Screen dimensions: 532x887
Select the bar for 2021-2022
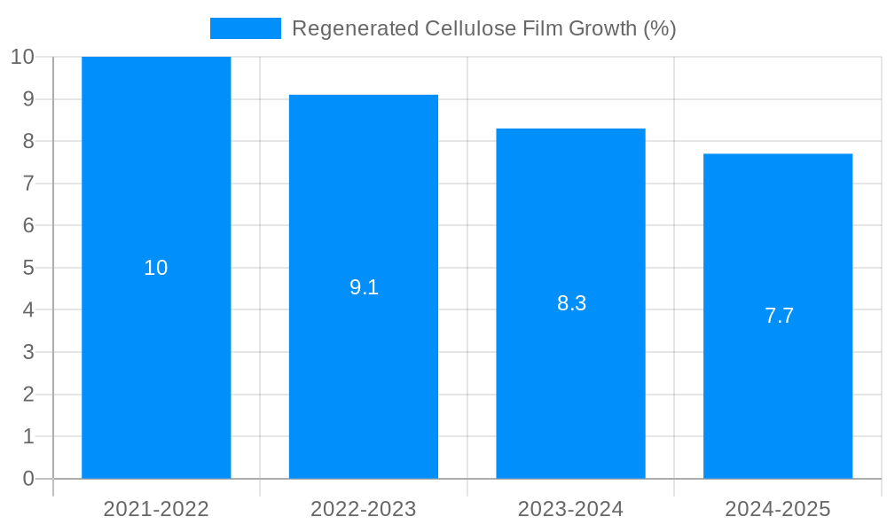coord(156,355)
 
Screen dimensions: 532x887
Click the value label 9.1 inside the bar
coord(364,287)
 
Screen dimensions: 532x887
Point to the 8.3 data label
coord(571,303)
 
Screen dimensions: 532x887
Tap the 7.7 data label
coord(779,316)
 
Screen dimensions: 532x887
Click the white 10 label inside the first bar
coord(156,268)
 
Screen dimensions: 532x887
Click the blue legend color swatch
coord(245,28)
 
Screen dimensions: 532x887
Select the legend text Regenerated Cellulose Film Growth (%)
coord(483,28)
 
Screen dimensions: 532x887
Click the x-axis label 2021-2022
coord(156,509)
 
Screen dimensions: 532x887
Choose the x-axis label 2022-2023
coord(364,509)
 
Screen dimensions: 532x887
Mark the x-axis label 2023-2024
coord(570,509)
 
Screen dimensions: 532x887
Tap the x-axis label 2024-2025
coord(778,509)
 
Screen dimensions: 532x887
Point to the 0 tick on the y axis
coord(28,479)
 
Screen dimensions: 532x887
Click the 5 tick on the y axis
coord(28,268)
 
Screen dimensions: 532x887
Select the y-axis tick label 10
coord(22,57)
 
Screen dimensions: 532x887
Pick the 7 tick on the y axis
coord(28,184)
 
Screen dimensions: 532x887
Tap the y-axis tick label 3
coord(28,352)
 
